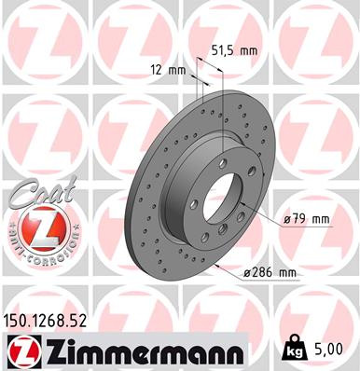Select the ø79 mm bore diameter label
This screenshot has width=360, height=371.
click(307, 219)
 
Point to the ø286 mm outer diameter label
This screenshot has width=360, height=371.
click(270, 271)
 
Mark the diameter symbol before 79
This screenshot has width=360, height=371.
click(286, 220)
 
